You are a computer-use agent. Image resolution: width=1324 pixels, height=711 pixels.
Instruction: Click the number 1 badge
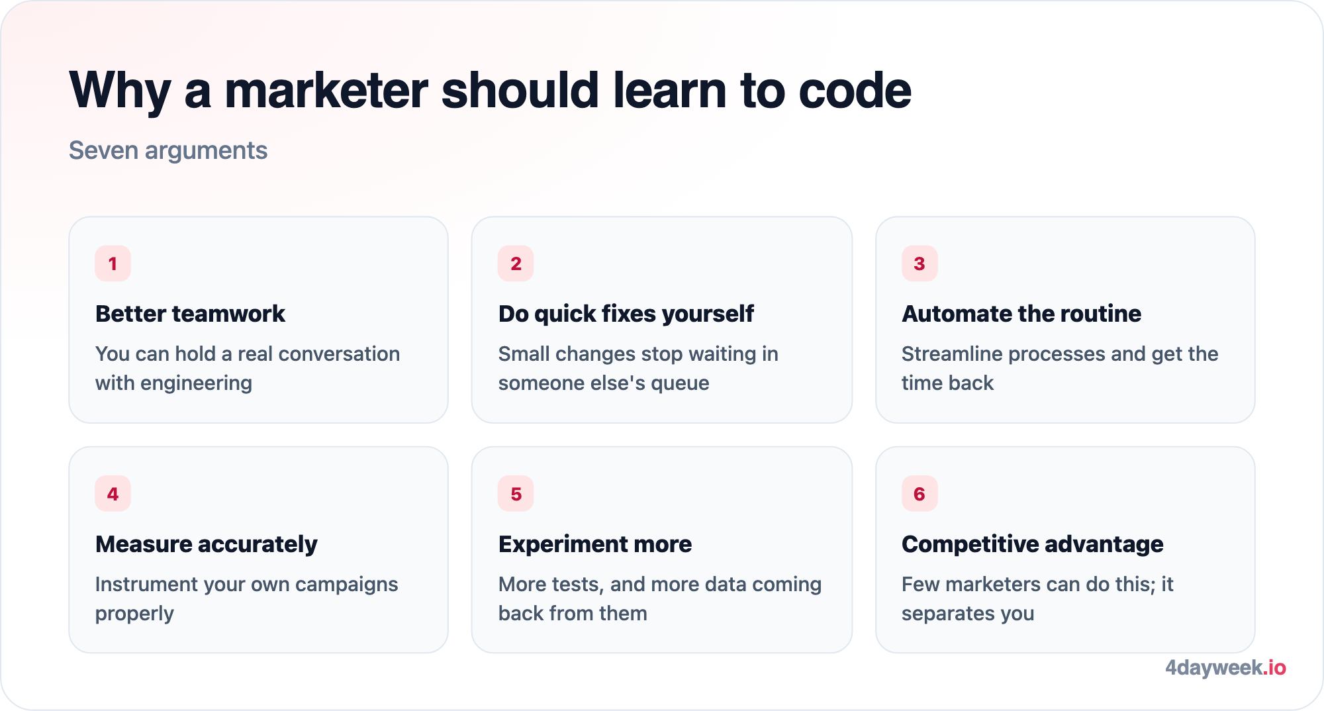[x=113, y=263]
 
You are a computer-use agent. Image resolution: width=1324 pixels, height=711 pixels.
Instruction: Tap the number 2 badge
[x=516, y=263]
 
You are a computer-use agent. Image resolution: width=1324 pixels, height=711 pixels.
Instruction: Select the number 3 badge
[x=920, y=263]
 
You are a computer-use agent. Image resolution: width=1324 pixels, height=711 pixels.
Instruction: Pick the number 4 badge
[x=113, y=494]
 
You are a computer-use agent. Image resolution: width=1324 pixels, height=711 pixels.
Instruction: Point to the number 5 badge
[x=516, y=494]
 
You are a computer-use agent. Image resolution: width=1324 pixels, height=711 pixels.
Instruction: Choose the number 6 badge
[x=920, y=494]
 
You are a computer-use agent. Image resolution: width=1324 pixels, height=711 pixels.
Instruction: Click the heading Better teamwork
[x=190, y=314]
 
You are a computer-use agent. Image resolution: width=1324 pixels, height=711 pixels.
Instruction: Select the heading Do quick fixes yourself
[x=626, y=314]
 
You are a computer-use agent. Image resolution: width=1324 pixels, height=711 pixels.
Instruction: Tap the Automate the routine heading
[x=1021, y=314]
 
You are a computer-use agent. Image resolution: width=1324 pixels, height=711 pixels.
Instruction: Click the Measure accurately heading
[x=207, y=544]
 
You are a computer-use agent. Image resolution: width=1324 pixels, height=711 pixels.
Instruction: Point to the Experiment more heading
[x=595, y=544]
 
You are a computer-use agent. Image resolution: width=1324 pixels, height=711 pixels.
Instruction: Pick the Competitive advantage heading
[x=1033, y=544]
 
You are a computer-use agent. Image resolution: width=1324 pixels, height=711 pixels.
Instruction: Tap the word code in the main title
[x=855, y=90]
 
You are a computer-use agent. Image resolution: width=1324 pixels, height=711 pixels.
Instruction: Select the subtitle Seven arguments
[x=168, y=151]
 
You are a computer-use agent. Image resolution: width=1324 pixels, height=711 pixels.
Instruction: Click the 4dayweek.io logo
[x=1225, y=667]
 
